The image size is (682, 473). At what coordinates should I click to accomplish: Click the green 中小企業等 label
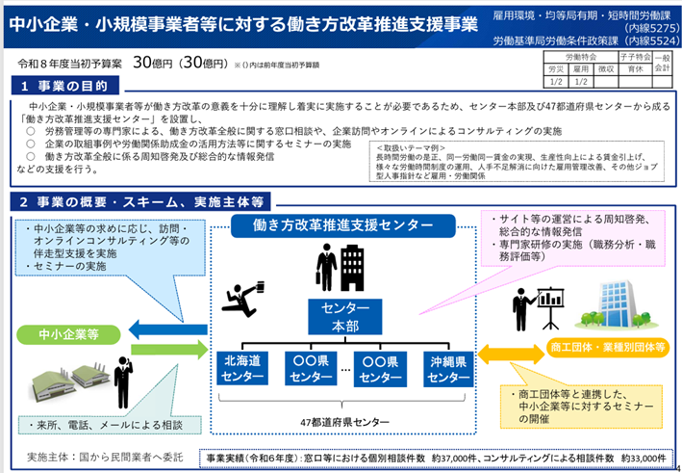point(66,333)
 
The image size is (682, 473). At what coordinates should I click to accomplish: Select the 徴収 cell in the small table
point(605,69)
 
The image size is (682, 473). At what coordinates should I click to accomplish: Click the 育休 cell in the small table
point(634,69)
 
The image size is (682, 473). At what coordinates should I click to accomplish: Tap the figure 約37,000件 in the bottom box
point(467,458)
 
